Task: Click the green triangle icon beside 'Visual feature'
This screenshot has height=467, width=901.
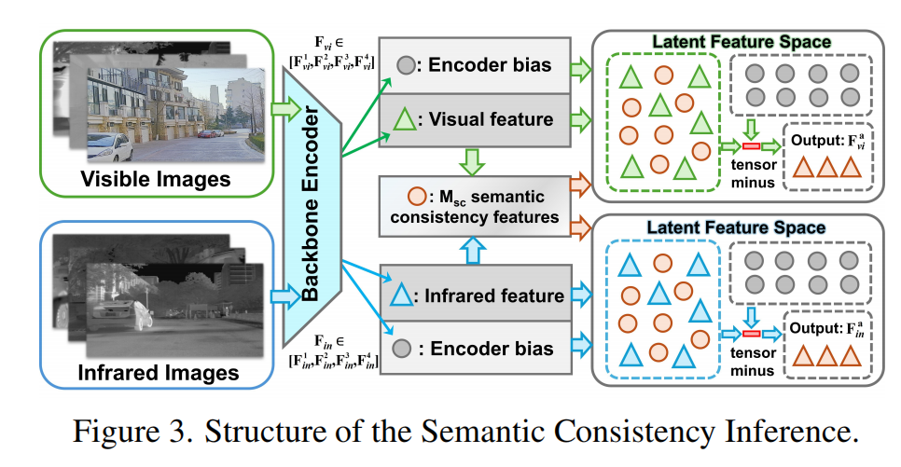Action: click(x=405, y=119)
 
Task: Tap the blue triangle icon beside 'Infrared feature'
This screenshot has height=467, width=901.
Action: click(x=401, y=296)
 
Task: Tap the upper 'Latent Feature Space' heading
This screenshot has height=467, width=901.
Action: click(x=742, y=42)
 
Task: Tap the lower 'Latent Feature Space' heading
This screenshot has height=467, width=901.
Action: click(x=742, y=227)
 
